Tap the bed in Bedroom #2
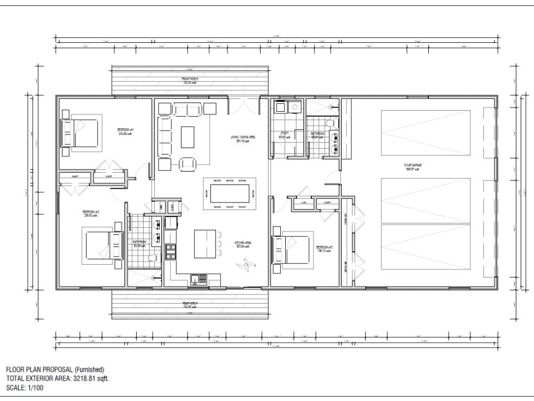click(x=99, y=245)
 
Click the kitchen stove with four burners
click(x=171, y=251)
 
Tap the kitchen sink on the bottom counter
click(x=199, y=278)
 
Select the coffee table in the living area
click(x=187, y=136)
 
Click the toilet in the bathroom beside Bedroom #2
click(x=152, y=259)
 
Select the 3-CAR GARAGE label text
click(x=412, y=166)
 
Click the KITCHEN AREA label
click(x=243, y=244)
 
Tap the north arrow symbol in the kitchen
click(x=246, y=263)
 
